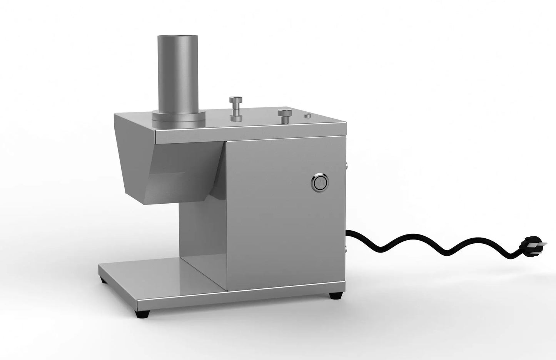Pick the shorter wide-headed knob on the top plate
[285, 116]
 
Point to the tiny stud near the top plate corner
[307, 116]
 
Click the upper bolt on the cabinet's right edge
[347, 166]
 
